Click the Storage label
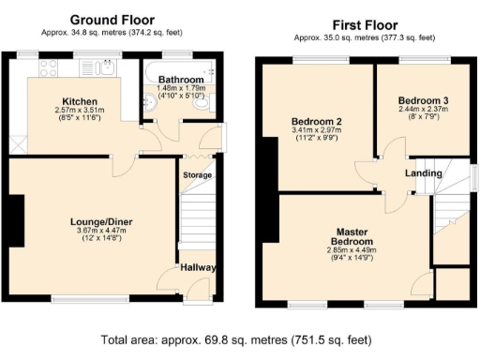point(197,175)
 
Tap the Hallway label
point(199,268)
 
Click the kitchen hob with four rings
point(47,67)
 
